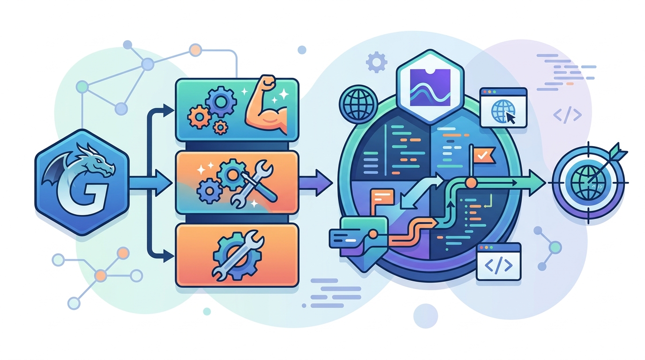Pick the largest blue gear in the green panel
[221, 101]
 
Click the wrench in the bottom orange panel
[238, 255]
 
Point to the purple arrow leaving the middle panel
[316, 183]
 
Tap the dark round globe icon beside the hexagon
[358, 103]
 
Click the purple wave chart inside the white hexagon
[430, 87]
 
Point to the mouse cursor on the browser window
[510, 118]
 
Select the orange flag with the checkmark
[484, 155]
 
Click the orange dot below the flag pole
[471, 183]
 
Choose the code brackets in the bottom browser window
[498, 265]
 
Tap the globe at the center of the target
[587, 183]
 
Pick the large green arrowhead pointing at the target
[537, 183]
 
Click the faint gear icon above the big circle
[376, 62]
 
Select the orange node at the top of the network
[195, 50]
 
